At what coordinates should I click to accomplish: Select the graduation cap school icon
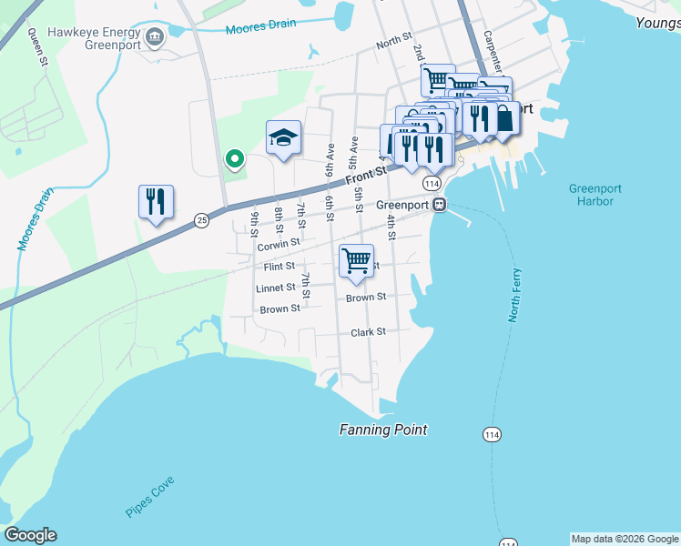(283, 138)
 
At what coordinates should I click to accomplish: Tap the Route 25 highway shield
(201, 219)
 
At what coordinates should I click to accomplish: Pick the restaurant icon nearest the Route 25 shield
(156, 202)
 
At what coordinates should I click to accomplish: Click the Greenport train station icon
(440, 205)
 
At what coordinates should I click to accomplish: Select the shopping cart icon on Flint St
(356, 261)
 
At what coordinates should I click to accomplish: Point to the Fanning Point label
(382, 430)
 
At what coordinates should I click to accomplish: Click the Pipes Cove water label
(150, 497)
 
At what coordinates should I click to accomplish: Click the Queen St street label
(37, 47)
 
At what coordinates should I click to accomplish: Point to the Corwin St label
(279, 245)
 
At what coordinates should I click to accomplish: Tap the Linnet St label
(276, 288)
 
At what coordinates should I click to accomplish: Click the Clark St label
(369, 332)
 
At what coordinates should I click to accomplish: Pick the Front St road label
(366, 169)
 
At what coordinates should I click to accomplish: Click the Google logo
(30, 535)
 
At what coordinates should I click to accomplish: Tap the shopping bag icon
(503, 118)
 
